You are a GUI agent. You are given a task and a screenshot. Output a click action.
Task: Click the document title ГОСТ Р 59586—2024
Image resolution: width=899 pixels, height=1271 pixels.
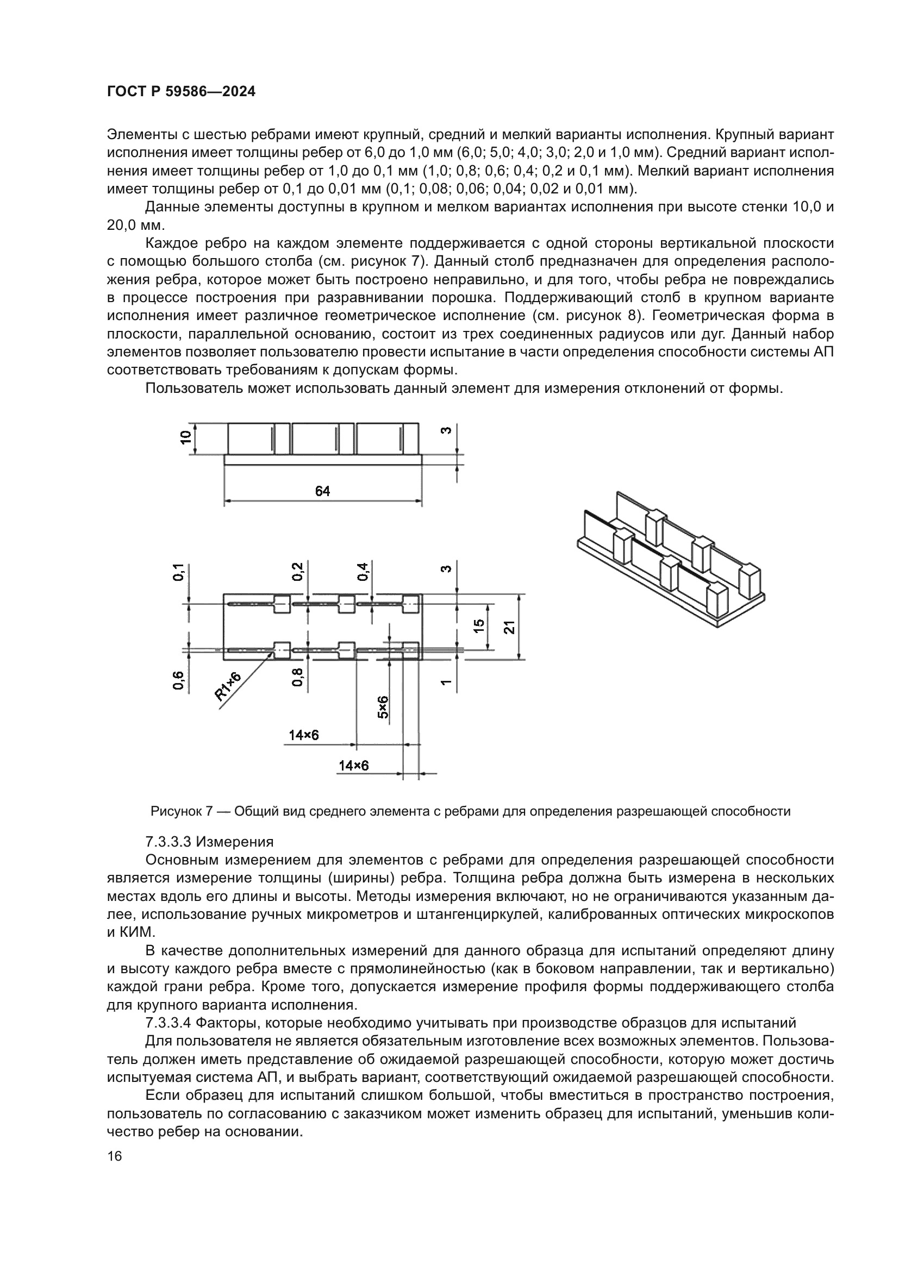(181, 92)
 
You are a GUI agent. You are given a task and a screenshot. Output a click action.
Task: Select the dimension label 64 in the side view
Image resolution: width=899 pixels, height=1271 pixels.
(323, 491)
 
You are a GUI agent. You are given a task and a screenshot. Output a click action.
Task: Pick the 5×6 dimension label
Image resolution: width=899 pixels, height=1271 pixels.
(383, 707)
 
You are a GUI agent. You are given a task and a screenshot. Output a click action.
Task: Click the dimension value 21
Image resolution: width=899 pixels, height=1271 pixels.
(510, 627)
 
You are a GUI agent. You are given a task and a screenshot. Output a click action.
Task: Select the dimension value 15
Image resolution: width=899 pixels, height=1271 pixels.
(480, 625)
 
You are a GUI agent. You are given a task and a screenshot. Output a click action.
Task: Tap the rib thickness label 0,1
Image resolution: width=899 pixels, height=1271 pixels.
(179, 572)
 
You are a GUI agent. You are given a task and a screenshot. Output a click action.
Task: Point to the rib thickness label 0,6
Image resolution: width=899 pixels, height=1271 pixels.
(178, 680)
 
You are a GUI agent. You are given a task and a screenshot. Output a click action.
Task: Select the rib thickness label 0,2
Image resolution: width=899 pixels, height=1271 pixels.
(298, 571)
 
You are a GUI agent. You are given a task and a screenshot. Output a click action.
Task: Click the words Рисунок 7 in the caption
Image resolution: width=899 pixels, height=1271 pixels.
(182, 811)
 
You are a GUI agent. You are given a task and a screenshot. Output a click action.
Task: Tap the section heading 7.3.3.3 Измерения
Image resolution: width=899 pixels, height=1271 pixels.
(209, 842)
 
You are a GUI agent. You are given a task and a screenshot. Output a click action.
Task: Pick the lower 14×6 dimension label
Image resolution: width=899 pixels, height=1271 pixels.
(354, 766)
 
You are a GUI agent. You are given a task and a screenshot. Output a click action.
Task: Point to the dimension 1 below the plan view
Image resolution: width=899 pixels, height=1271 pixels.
(447, 683)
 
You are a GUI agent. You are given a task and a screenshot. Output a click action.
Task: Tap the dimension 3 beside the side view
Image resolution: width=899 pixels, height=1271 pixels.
(447, 430)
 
